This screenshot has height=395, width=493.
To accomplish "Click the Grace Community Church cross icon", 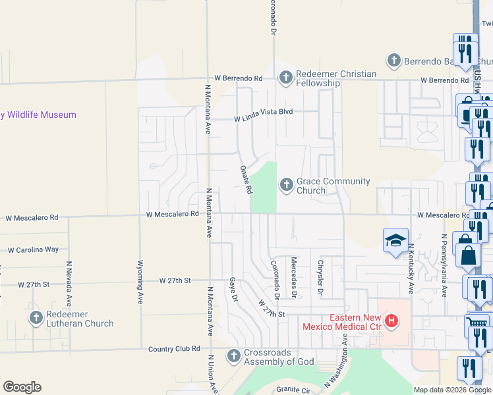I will tap(287, 185).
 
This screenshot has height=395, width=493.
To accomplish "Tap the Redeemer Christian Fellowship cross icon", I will tap(286, 78).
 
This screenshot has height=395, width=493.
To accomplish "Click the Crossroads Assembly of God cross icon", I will tap(233, 356).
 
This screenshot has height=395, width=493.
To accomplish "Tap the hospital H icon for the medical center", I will tap(392, 321).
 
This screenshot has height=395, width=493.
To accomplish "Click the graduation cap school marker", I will tap(396, 240).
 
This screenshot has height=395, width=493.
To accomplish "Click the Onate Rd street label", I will tap(245, 179).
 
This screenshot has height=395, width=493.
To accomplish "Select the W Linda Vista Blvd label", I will tap(263, 119).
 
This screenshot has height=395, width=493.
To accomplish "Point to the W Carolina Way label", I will tap(33, 250).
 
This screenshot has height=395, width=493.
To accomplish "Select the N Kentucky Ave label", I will tap(410, 268).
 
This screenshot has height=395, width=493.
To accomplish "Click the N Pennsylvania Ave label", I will tap(444, 265).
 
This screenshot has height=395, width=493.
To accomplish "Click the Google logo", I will tap(22, 387).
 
